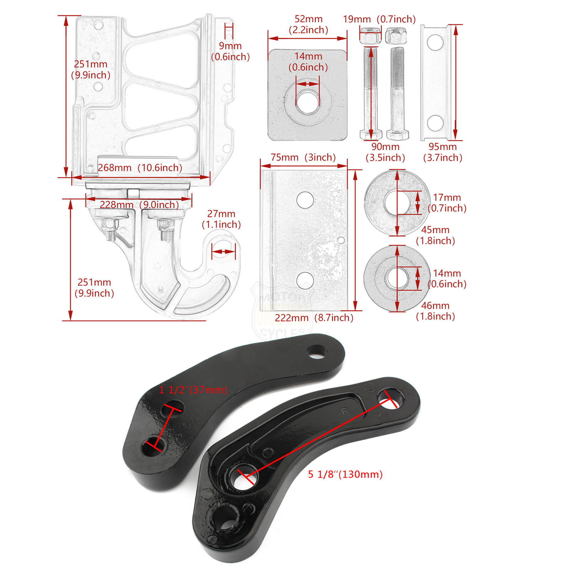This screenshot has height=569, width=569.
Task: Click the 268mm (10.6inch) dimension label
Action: (140, 167)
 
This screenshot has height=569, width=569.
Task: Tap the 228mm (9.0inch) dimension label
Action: (139, 204)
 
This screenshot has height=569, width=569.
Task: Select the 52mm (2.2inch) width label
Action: (308, 24)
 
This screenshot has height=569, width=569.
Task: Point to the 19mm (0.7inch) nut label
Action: (379, 19)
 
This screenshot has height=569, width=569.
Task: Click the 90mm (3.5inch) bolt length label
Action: (385, 152)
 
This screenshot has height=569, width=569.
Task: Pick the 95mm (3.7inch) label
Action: (442, 152)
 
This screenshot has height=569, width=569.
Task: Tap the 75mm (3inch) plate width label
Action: (303, 157)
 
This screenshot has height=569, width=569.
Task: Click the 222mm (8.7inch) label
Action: (314, 318)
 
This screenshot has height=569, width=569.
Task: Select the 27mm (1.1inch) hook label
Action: (221, 219)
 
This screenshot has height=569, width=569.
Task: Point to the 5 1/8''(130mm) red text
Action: (345, 474)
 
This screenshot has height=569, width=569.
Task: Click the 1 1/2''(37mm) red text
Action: (193, 390)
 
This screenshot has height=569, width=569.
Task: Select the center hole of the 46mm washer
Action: (397, 278)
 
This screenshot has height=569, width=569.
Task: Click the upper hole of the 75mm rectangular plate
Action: (305, 200)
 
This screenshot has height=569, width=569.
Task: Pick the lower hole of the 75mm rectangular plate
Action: (305, 280)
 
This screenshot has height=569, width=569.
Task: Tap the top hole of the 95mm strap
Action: (435, 43)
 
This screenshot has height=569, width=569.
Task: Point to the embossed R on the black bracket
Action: (345, 411)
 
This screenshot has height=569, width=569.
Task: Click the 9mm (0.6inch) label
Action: (230, 51)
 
